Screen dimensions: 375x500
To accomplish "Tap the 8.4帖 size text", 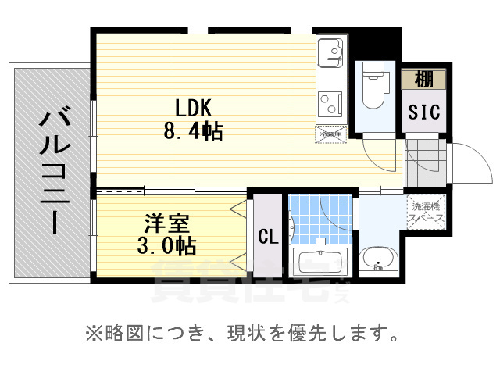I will pos(192,130).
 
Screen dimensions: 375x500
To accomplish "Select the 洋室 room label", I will pos(164,223).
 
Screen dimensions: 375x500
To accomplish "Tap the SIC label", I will pos(424,112).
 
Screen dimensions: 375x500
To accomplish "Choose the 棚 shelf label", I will pos(424,79).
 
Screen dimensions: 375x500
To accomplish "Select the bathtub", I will pos(320,261).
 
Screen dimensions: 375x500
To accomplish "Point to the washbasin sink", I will pos(380,259).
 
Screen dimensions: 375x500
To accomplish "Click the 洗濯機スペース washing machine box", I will pos(426,213).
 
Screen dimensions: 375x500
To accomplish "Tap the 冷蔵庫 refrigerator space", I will pos(332,134).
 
